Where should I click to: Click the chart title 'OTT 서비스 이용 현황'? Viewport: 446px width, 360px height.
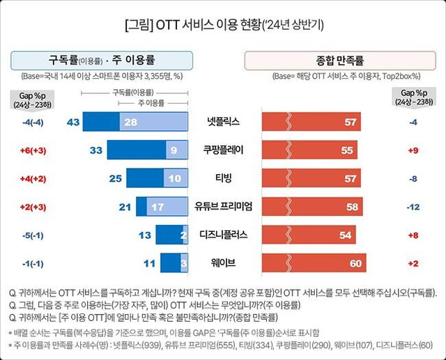pyautogui.click(x=223, y=26)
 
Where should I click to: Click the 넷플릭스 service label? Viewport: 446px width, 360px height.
pyautogui.click(x=224, y=122)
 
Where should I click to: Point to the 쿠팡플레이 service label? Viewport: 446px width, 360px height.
pyautogui.click(x=224, y=150)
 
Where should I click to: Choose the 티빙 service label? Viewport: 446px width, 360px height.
pyautogui.click(x=224, y=178)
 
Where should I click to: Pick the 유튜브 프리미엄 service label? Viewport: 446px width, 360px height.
pyautogui.click(x=224, y=207)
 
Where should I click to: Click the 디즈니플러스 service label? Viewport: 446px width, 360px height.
pyautogui.click(x=224, y=235)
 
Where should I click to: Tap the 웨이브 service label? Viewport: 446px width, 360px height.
pyautogui.click(x=224, y=263)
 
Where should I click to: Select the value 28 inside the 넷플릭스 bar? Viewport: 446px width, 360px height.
pyautogui.click(x=130, y=122)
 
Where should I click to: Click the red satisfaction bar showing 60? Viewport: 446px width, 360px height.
pyautogui.click(x=313, y=263)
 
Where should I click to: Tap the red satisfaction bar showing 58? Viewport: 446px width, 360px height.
pyautogui.click(x=310, y=207)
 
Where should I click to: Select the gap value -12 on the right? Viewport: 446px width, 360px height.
pyautogui.click(x=413, y=207)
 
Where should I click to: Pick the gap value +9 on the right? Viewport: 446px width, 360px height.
pyautogui.click(x=413, y=150)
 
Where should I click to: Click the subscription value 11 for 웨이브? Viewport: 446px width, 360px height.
pyautogui.click(x=149, y=263)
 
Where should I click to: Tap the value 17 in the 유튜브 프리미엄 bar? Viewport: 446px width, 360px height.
pyautogui.click(x=157, y=207)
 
